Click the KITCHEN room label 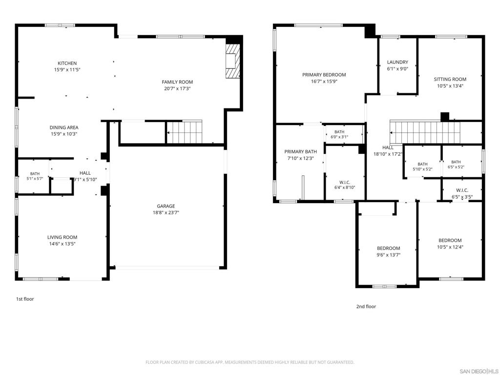coord(67,63)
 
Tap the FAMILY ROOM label coord(177,82)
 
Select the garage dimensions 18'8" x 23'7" coord(166,213)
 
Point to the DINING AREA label coord(64,127)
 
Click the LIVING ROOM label coord(62,237)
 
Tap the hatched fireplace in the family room coord(232,61)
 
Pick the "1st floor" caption coord(25,299)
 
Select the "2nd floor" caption coord(366,307)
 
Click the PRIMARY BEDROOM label coord(324,75)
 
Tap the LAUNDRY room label coord(397,62)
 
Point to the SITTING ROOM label coord(450,80)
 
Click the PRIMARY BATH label coord(301,152)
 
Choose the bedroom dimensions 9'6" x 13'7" coord(388,255)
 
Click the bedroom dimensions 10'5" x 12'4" coord(450,247)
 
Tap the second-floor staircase coord(425,132)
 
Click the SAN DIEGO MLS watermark coord(479,371)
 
